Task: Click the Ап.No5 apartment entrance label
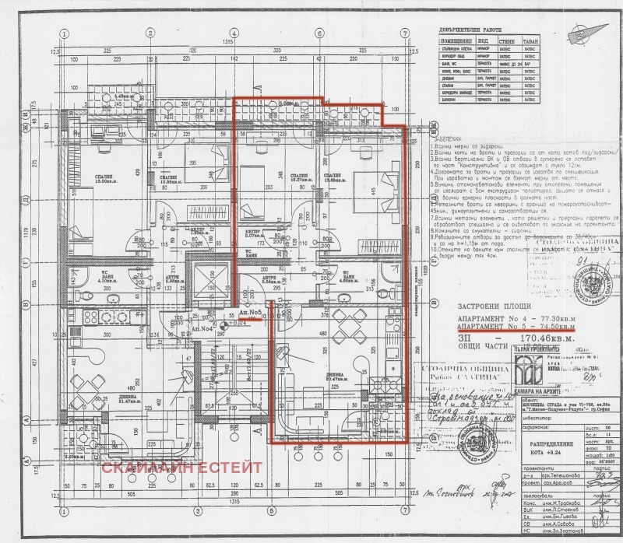tap(250, 311)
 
